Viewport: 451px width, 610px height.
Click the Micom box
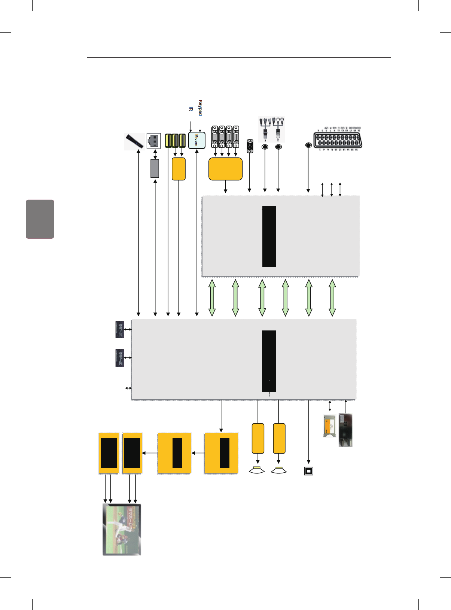point(196,140)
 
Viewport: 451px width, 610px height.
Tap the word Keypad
point(200,108)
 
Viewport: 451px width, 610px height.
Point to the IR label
point(191,109)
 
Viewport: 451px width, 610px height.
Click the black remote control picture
point(134,141)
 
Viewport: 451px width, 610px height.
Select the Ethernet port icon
point(154,141)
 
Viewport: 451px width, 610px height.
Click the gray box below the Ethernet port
point(155,168)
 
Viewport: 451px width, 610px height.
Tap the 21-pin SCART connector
point(338,140)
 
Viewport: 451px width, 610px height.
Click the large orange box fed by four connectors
point(225,169)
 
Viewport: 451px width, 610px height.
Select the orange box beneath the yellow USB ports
point(179,169)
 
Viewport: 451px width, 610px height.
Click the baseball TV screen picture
point(122,530)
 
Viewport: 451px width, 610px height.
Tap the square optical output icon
point(308,471)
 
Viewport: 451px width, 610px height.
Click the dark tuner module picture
point(345,430)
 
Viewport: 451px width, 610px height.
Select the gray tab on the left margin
point(40,219)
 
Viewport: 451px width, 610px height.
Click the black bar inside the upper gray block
point(269,236)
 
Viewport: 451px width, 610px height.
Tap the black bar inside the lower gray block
point(269,361)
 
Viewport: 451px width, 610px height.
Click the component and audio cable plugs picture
point(272,129)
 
